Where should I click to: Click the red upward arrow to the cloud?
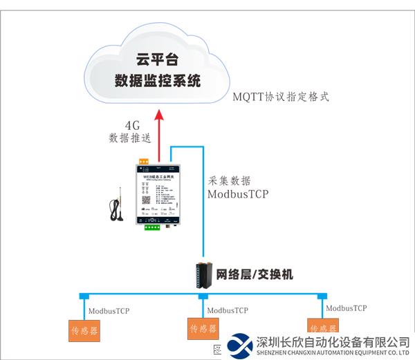(x=159, y=135)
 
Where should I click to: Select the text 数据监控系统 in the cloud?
(x=158, y=81)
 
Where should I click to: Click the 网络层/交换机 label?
(x=255, y=275)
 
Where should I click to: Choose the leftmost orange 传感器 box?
(x=84, y=331)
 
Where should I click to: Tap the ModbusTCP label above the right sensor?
(x=346, y=308)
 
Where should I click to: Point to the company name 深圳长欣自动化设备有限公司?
(x=333, y=342)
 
